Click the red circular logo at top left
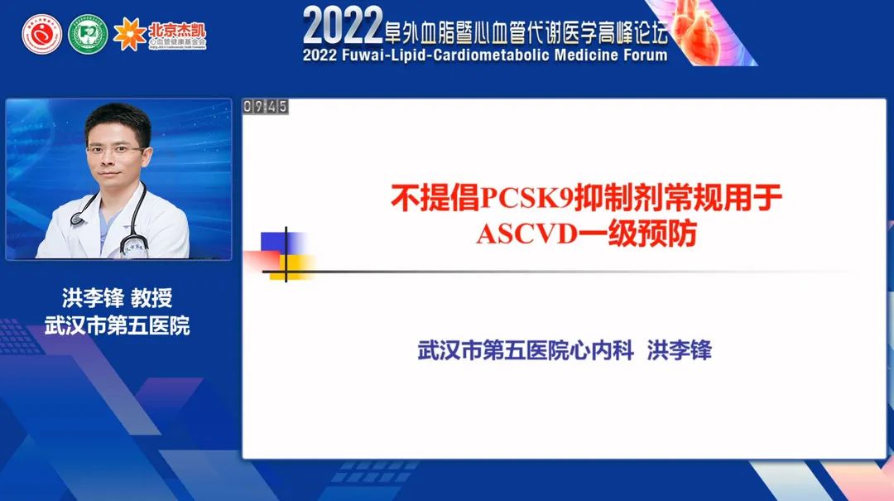click(42, 35)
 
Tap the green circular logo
click(88, 35)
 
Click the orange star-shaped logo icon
click(129, 34)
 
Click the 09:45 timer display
click(266, 106)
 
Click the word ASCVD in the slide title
click(517, 234)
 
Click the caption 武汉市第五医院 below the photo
click(118, 325)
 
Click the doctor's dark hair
click(118, 120)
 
